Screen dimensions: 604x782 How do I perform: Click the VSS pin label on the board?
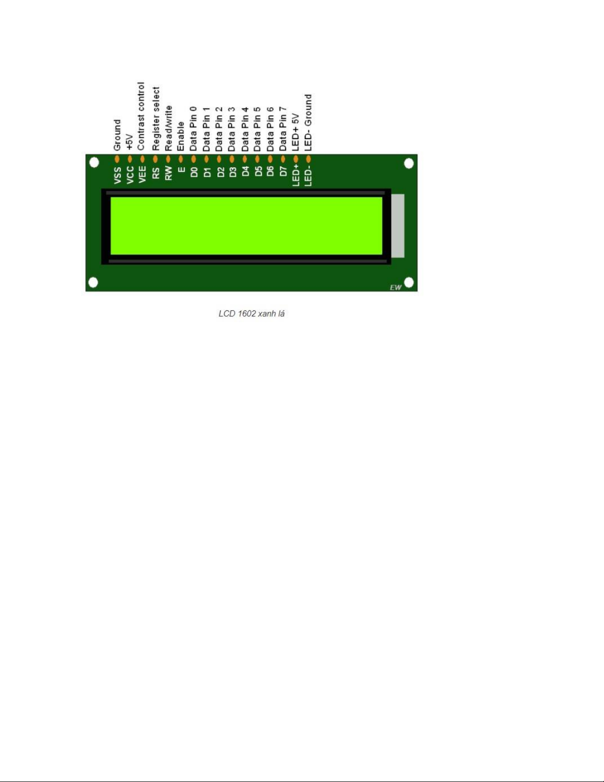[x=117, y=175]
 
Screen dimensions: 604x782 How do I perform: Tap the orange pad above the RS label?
[x=155, y=159]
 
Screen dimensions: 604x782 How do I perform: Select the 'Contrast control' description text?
[x=141, y=116]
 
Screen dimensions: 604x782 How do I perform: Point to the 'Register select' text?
[x=156, y=118]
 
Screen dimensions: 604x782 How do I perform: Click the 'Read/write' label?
[x=168, y=128]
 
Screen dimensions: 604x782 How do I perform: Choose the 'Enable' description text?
[x=181, y=136]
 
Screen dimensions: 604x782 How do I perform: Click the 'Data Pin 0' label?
[x=193, y=128]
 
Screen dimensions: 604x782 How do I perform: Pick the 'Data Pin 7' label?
[x=283, y=128]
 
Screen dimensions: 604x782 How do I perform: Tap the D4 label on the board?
[x=245, y=171]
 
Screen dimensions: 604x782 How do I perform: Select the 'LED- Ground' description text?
[x=308, y=123]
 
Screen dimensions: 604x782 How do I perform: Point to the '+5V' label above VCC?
[x=130, y=142]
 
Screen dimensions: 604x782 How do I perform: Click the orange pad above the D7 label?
[x=283, y=159]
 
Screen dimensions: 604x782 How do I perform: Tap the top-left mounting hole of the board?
[x=94, y=162]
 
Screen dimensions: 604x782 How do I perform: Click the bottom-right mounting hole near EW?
[x=409, y=283]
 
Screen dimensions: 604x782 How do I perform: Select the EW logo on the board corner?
[x=395, y=288]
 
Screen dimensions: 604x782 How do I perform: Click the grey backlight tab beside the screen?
[x=397, y=226]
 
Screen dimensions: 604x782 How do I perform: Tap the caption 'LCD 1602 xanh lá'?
[x=251, y=314]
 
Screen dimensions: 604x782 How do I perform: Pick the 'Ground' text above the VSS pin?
[x=117, y=135]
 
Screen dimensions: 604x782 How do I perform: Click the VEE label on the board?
[x=142, y=175]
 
